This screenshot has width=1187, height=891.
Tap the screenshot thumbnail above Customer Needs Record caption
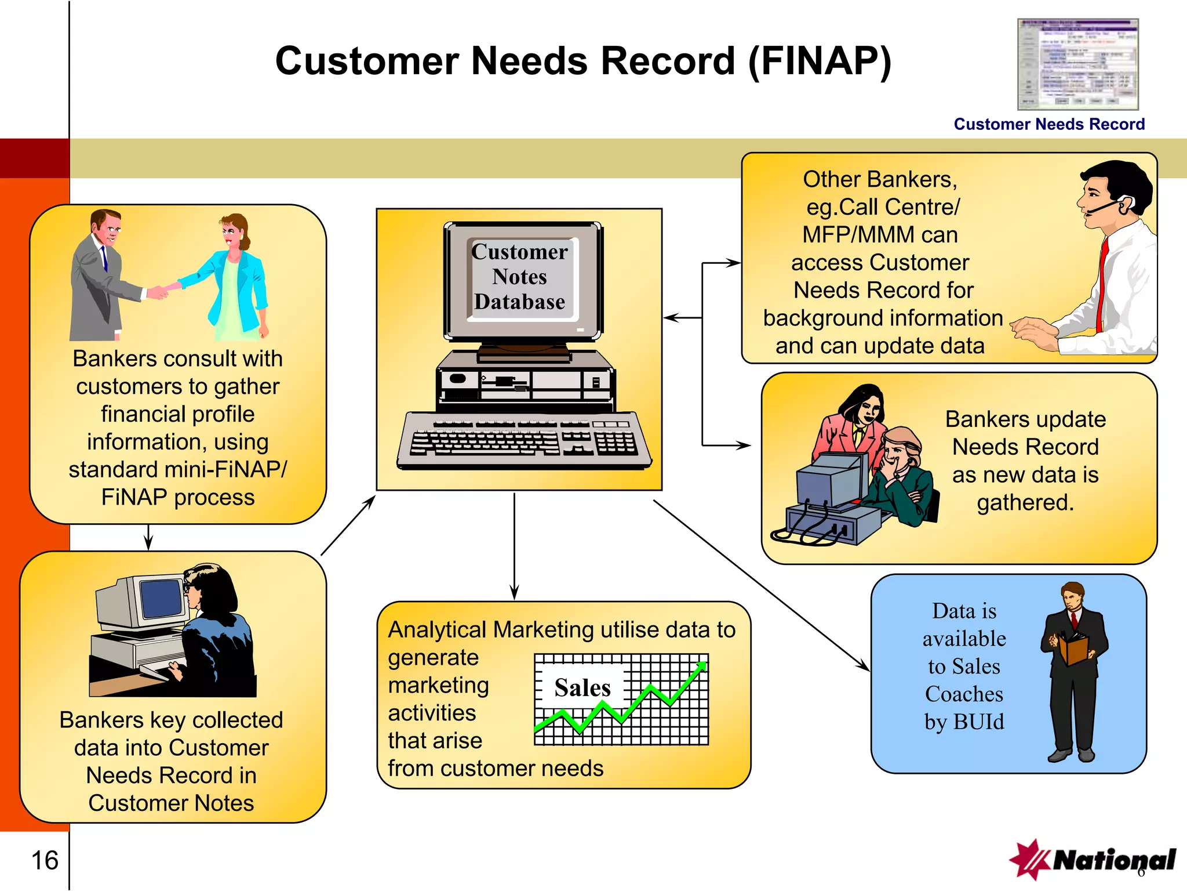(x=1077, y=64)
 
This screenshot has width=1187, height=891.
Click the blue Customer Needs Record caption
(x=1048, y=124)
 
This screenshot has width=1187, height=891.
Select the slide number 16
(x=45, y=860)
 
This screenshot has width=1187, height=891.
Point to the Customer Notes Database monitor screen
(x=520, y=278)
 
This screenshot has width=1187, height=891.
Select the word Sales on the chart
(x=582, y=687)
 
